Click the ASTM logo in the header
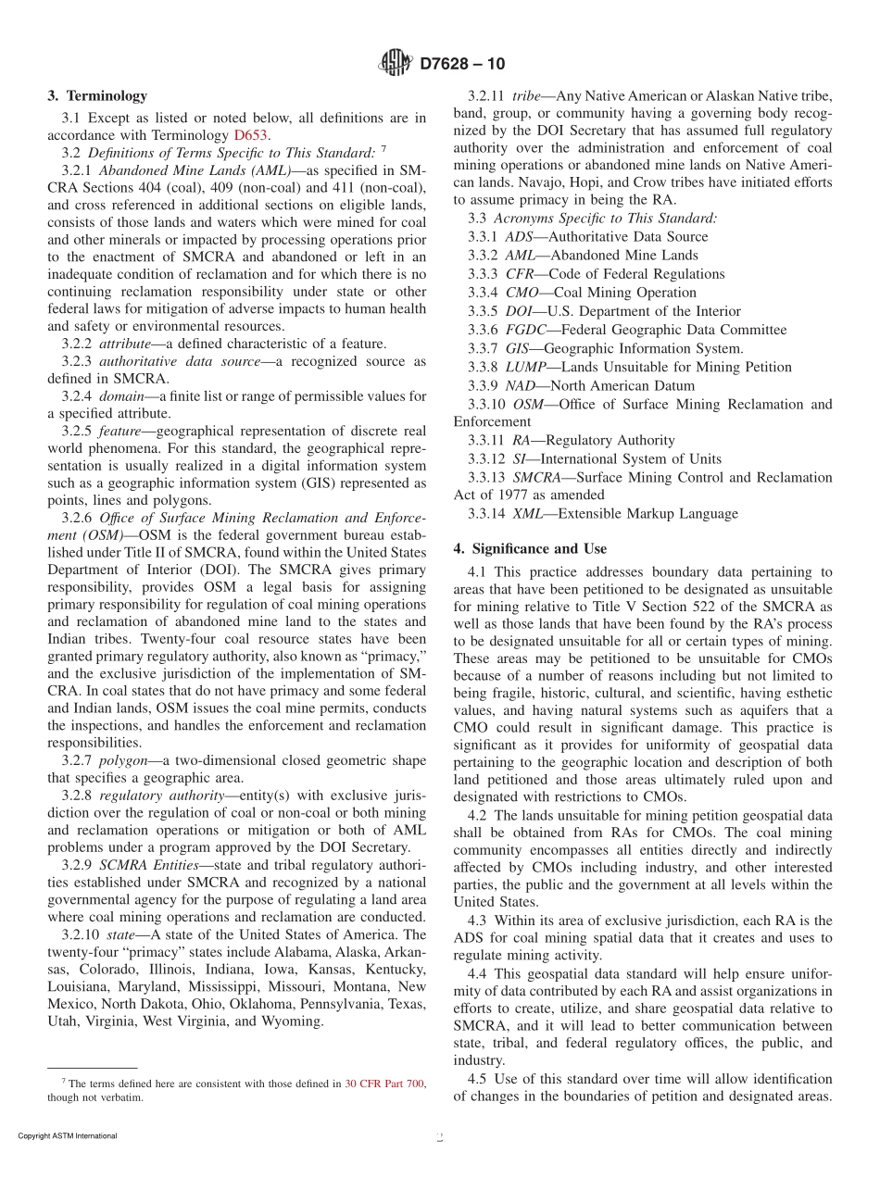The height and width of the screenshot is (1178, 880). (x=396, y=64)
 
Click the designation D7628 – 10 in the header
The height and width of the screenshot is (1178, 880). (x=462, y=64)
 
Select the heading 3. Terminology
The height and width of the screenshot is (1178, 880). (x=96, y=95)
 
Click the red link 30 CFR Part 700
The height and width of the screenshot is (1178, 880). (x=384, y=1083)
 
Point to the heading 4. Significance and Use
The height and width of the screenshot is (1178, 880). (x=530, y=548)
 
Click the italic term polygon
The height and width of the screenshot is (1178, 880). (x=125, y=760)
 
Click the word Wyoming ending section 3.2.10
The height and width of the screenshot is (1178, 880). (x=292, y=1021)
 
